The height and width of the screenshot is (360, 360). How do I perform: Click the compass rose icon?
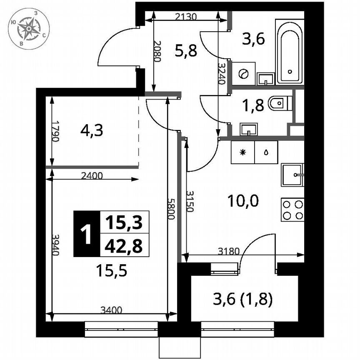click(29, 28)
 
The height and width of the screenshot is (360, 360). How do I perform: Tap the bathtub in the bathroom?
click(290, 52)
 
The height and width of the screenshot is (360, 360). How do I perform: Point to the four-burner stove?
click(292, 210)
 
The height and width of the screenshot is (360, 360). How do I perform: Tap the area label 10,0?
click(243, 202)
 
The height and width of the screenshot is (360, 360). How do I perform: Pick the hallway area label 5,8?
click(186, 52)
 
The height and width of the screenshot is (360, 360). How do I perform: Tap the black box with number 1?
click(87, 234)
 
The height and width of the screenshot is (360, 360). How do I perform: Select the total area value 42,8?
click(123, 246)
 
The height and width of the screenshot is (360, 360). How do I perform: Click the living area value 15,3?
click(123, 222)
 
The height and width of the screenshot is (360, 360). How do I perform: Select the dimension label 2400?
click(92, 176)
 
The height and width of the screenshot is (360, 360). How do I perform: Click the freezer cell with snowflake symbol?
click(243, 152)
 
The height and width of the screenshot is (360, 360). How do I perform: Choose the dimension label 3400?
click(111, 310)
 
